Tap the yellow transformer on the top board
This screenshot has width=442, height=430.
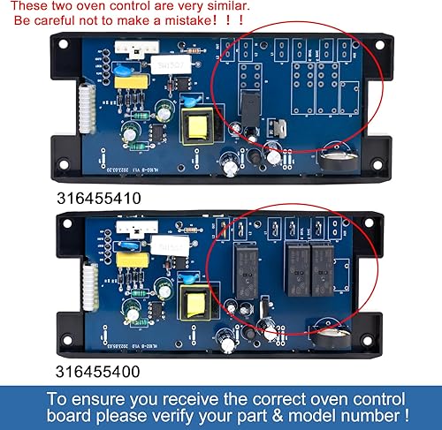click(x=196, y=132)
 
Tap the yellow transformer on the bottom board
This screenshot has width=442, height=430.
click(x=195, y=304)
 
